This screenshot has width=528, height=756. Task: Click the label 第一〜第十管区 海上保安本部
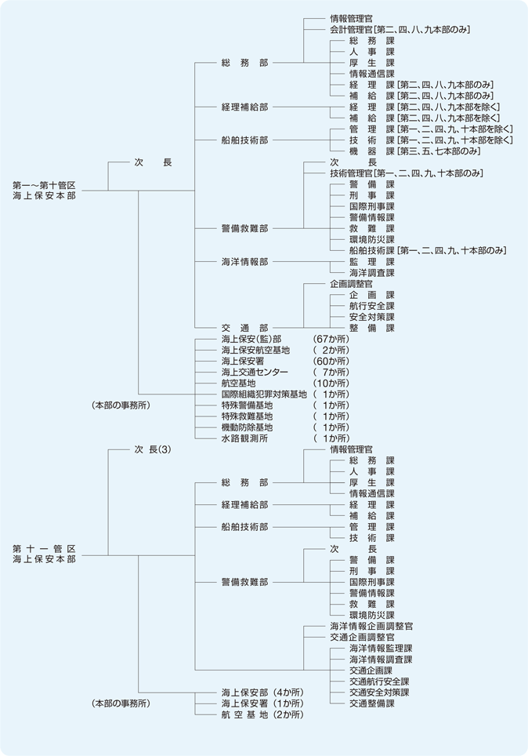pos(45,191)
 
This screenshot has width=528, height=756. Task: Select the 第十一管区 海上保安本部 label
pos(45,554)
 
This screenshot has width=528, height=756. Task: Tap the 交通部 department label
pos(244,328)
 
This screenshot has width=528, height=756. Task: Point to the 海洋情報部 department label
pos(244,261)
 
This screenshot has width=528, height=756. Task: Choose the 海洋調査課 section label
pos(372,272)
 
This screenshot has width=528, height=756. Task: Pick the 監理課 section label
pos(372,261)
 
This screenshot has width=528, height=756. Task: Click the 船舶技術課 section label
pos(372,250)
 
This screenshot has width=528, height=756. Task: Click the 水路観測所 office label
pos(244,438)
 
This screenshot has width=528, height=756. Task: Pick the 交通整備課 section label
pos(372,703)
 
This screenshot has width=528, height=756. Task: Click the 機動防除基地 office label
pos(247,427)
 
